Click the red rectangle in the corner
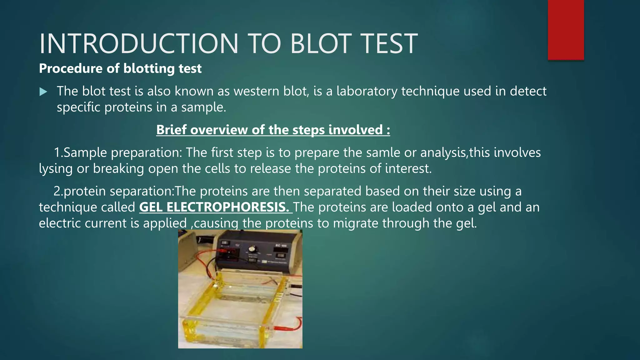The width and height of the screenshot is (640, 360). [566, 30]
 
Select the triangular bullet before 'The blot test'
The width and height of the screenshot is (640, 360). [43, 92]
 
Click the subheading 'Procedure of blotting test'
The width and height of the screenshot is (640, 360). [120, 68]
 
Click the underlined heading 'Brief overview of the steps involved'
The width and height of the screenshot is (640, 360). [273, 130]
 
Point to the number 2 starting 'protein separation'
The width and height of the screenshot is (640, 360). [57, 191]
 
